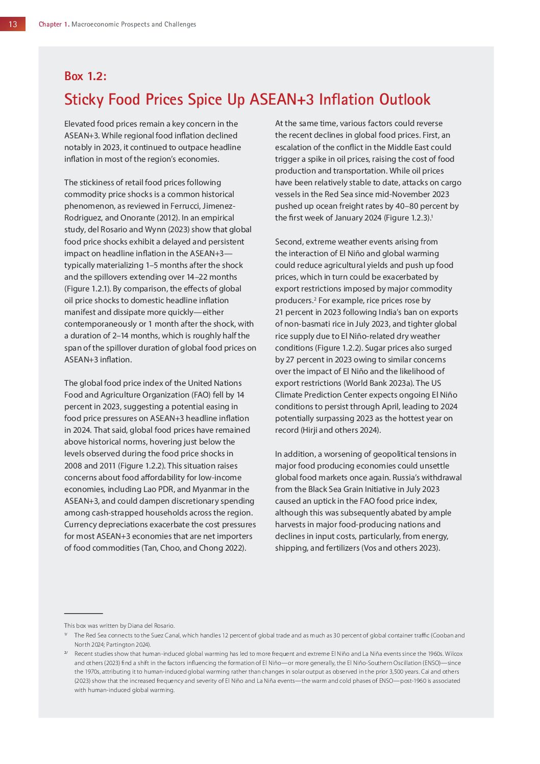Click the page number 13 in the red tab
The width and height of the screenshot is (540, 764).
(x=13, y=24)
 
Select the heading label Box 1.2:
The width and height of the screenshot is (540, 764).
(x=85, y=77)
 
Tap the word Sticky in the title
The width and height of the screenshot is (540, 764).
(x=84, y=100)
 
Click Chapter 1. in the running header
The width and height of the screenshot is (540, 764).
(x=54, y=24)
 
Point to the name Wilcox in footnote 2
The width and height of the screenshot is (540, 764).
(x=454, y=654)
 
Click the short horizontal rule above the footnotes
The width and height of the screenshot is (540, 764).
(x=83, y=613)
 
